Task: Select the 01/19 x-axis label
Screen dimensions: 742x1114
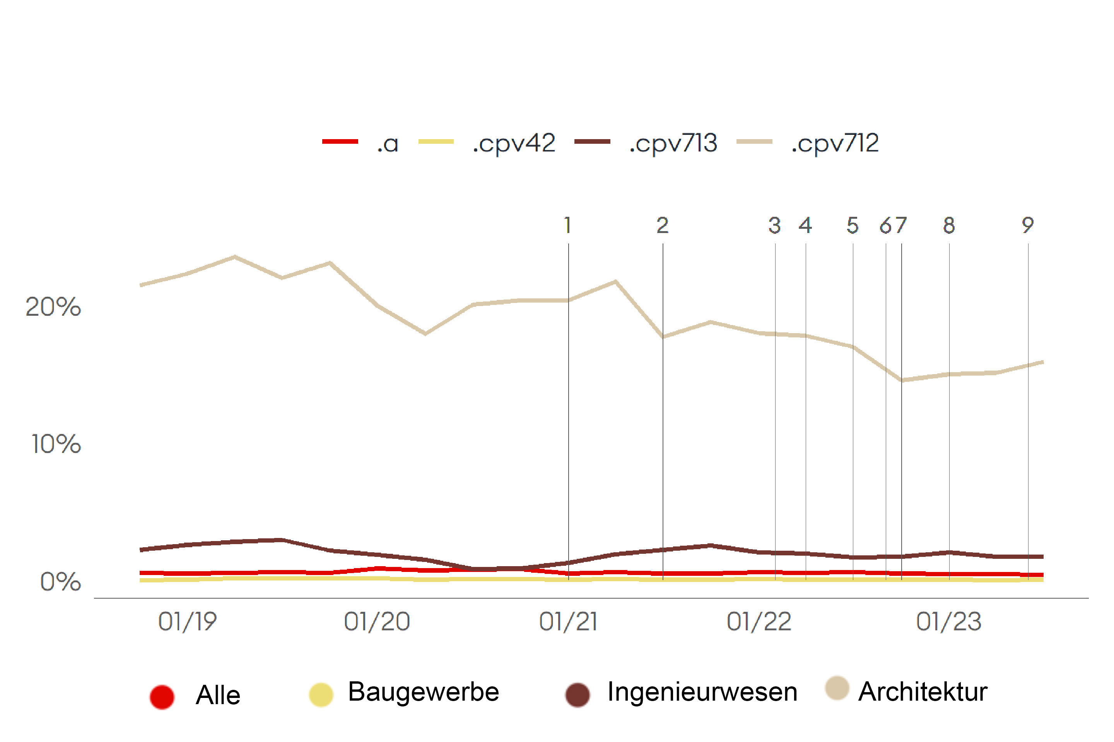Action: pos(188,621)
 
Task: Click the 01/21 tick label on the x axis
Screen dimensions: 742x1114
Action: pos(568,621)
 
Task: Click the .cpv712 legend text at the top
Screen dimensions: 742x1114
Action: pos(835,143)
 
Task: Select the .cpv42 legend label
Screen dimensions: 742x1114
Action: pos(514,143)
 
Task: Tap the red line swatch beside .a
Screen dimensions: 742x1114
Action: pos(340,141)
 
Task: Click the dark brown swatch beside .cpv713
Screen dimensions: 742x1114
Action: pos(592,141)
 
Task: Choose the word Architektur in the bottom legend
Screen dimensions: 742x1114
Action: pos(923,692)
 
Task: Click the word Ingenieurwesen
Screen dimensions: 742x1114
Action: pos(702,692)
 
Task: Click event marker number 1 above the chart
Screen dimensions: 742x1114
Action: pos(568,225)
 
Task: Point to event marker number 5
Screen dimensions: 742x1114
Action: pos(853,225)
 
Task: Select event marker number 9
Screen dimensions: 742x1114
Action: pos(1027,225)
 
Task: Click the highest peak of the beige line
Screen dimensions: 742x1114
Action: pos(235,257)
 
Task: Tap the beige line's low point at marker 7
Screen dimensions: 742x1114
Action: pos(901,380)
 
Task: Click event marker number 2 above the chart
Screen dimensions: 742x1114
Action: pos(662,225)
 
